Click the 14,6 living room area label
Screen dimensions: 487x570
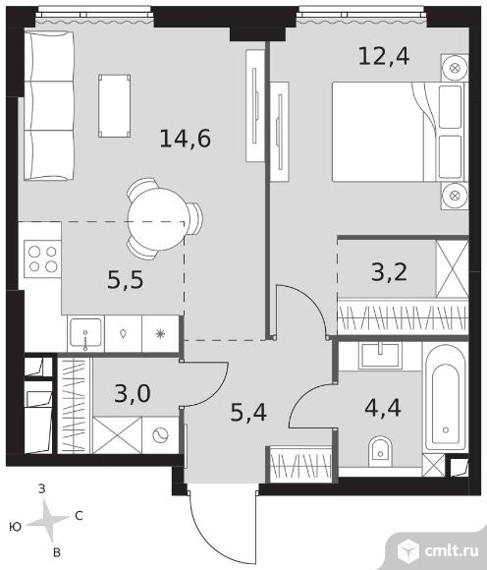tap(186, 139)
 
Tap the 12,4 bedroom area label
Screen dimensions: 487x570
tap(384, 56)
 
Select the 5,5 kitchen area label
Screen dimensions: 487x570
tap(126, 280)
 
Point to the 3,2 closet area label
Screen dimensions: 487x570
tap(389, 272)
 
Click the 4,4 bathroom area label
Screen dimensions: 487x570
tap(383, 408)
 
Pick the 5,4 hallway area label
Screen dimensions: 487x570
tap(248, 412)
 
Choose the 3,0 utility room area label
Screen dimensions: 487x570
tap(133, 393)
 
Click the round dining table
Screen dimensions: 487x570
tap(157, 219)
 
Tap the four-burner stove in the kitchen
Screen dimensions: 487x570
tap(42, 258)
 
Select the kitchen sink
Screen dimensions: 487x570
tap(85, 333)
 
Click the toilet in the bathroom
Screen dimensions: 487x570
tap(380, 451)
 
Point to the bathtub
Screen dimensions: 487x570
tap(446, 398)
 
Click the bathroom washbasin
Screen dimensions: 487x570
tap(381, 355)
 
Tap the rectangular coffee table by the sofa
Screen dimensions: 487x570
tap(115, 106)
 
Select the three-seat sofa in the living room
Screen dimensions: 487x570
tap(49, 106)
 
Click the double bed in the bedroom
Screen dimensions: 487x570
tap(400, 132)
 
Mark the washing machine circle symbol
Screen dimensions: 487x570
tap(160, 435)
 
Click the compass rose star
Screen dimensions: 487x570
tap(48, 520)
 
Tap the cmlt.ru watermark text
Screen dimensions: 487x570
tap(452, 551)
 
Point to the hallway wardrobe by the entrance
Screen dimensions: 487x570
tap(299, 464)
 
